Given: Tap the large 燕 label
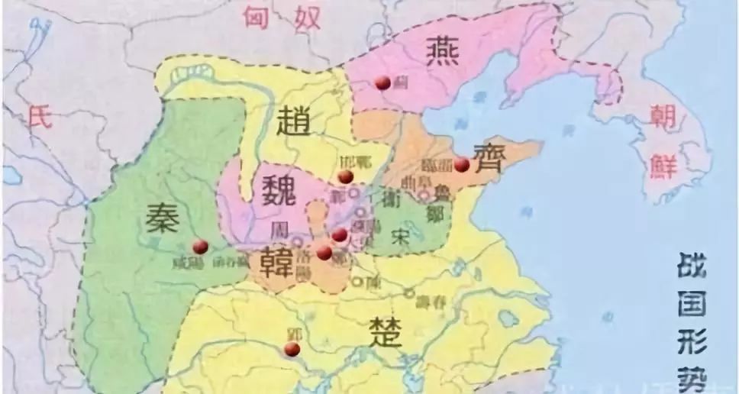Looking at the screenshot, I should (443, 54).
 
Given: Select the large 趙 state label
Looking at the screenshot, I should (292, 123).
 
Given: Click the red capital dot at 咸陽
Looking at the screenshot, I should (201, 246).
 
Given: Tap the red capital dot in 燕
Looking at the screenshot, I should (382, 82).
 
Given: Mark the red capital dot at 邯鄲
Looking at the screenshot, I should (346, 176).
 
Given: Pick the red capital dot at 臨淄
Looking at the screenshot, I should (462, 164).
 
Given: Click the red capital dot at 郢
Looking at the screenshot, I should (292, 349).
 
